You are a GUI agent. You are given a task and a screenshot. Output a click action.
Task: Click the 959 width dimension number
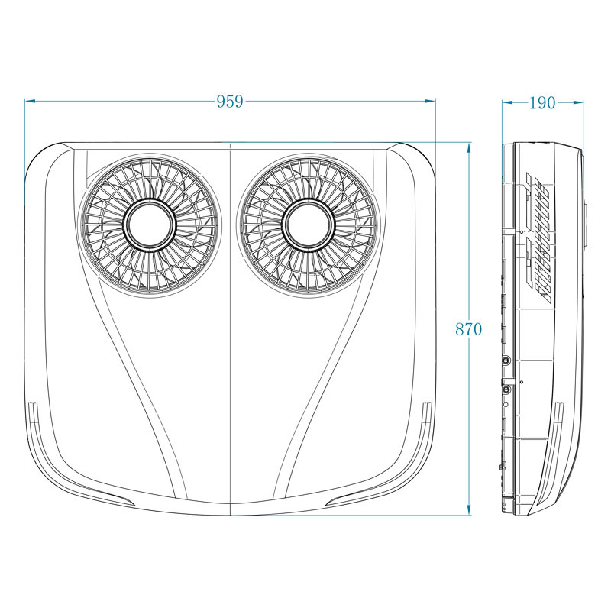click(x=229, y=101)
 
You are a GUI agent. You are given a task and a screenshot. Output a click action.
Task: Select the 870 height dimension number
click(x=468, y=329)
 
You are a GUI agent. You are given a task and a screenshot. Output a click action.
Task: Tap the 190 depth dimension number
click(x=542, y=102)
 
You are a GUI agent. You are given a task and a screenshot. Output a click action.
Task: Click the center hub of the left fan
click(x=150, y=225)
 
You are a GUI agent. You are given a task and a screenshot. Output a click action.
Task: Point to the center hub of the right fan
click(x=308, y=225)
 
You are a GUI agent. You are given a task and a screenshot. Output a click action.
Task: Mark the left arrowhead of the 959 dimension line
click(x=29, y=100)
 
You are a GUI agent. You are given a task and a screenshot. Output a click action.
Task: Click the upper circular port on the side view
click(x=506, y=359)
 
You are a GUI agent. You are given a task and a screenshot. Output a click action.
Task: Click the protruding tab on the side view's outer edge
click(x=585, y=225)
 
